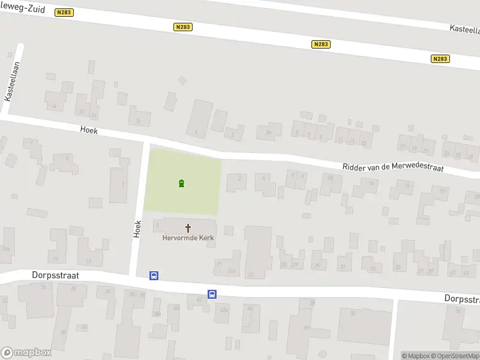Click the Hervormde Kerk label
(188, 238)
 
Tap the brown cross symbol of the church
(188, 228)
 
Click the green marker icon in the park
(181, 183)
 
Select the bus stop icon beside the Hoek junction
(154, 275)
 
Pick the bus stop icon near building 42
(212, 294)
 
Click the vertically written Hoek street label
(137, 228)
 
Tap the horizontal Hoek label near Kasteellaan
(89, 130)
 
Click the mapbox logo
(26, 353)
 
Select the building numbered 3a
(269, 132)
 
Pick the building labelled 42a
(224, 310)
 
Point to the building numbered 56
(458, 310)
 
